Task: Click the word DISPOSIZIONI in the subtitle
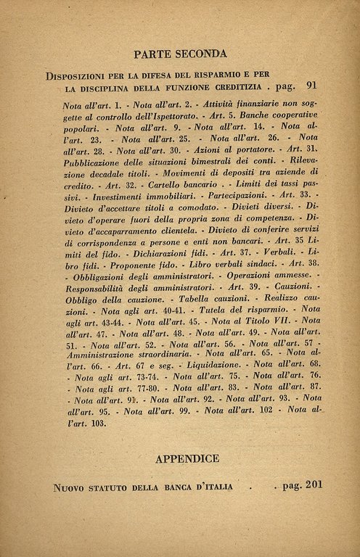[x=78, y=75]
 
